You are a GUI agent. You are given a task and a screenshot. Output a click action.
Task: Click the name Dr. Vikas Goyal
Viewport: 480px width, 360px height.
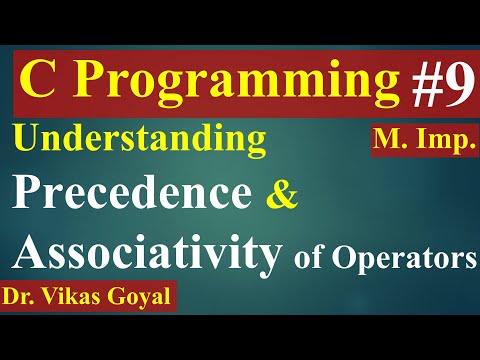(88, 299)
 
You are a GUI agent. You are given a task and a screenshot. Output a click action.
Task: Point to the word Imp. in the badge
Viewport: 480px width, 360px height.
(447, 140)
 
